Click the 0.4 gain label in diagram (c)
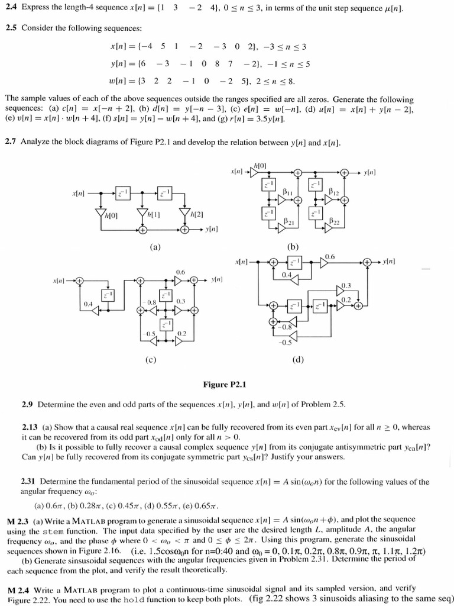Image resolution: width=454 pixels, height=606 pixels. pos(88,303)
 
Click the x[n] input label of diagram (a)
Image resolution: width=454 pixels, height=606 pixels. pos(79,193)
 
